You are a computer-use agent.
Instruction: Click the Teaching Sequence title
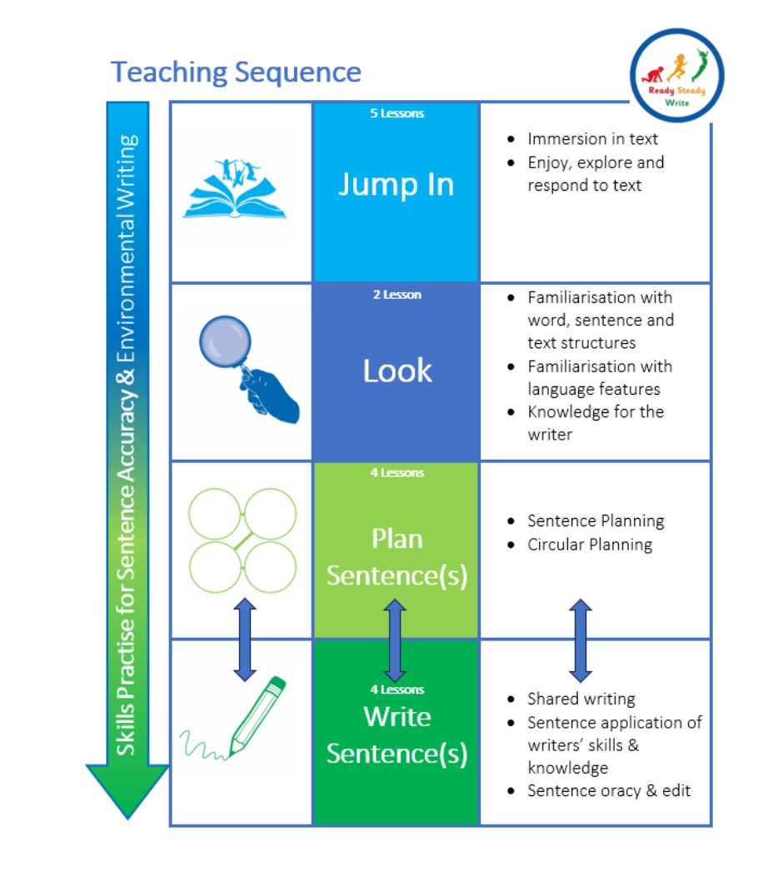(x=236, y=72)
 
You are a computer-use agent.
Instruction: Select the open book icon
(x=235, y=191)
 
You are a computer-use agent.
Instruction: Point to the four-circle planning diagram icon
(x=242, y=540)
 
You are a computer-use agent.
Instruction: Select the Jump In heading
(x=396, y=184)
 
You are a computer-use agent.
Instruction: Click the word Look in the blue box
(x=397, y=371)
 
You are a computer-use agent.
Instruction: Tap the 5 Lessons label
(x=396, y=113)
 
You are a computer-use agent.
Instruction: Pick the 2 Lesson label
(x=396, y=294)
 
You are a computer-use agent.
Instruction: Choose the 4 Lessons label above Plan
(x=396, y=473)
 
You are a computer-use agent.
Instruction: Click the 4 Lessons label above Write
(x=396, y=689)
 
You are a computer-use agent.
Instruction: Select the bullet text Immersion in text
(x=592, y=139)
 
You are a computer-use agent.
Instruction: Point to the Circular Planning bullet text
(x=590, y=545)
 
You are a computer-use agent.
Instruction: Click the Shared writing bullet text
(x=581, y=699)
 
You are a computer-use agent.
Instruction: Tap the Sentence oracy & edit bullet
(x=609, y=790)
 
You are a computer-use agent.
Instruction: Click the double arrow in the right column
(x=581, y=640)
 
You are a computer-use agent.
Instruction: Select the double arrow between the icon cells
(x=244, y=640)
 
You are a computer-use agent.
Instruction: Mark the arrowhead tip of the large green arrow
(x=127, y=817)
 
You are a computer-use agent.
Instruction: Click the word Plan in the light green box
(x=396, y=539)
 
